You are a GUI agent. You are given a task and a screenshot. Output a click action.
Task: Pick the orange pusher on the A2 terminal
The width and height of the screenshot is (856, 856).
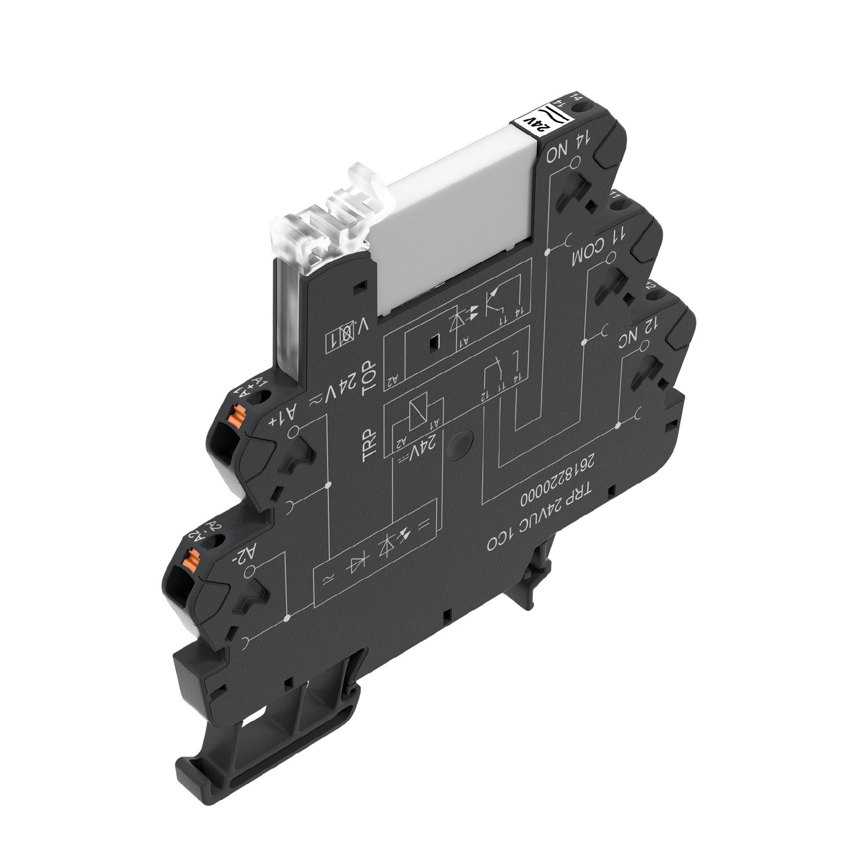click(x=187, y=559)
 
